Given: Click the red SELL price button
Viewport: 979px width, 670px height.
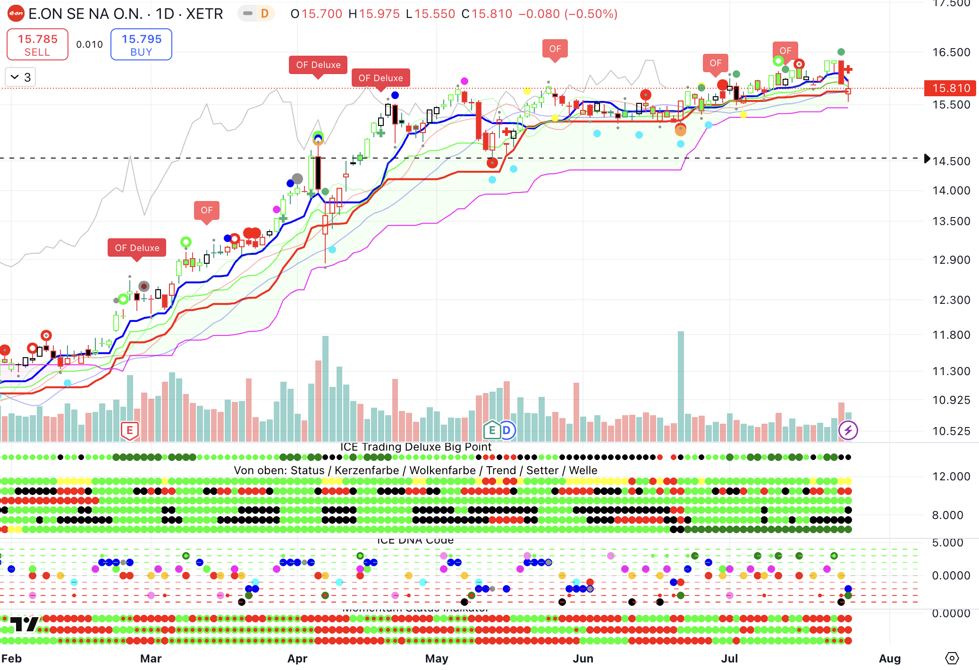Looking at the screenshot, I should [x=37, y=44].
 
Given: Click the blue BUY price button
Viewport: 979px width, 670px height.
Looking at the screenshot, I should [x=141, y=44].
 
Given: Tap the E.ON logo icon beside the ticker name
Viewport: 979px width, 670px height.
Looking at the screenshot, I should [x=16, y=14].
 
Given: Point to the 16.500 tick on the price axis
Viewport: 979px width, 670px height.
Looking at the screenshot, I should [x=951, y=52].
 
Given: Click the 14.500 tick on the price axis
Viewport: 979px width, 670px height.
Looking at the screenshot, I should [x=951, y=161].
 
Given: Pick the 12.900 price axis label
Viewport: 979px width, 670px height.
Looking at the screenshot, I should [x=951, y=260].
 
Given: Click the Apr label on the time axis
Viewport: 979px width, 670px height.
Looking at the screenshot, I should [x=297, y=658].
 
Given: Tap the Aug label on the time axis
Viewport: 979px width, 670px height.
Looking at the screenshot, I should [x=889, y=658].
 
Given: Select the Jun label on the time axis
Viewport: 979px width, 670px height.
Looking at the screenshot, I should [x=583, y=658].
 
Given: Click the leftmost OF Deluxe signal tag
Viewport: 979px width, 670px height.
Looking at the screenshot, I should [x=137, y=248].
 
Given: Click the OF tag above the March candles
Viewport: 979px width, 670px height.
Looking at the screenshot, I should [x=207, y=210].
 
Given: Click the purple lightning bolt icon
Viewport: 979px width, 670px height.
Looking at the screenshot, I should [x=848, y=430].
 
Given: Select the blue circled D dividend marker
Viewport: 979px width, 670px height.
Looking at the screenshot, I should [x=506, y=430].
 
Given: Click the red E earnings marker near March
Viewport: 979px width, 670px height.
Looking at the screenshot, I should [x=130, y=430].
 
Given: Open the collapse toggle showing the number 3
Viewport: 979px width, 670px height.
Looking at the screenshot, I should [x=21, y=77].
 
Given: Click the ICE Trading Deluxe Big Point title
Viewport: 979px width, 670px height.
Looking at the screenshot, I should [x=415, y=447].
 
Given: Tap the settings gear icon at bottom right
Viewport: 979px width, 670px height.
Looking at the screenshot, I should [x=952, y=658].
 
